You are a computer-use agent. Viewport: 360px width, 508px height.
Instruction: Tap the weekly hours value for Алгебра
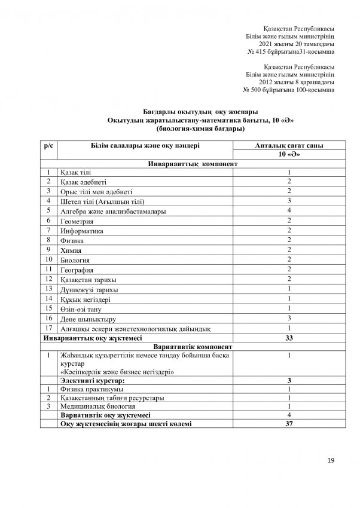289,210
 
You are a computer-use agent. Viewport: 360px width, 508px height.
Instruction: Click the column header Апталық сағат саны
289,145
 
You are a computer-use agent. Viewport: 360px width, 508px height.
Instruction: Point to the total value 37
289,423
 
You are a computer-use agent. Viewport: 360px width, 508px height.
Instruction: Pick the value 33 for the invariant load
289,338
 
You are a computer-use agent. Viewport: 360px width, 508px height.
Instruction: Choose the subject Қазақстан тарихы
89,279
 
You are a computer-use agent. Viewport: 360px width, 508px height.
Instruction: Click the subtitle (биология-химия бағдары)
199,128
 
